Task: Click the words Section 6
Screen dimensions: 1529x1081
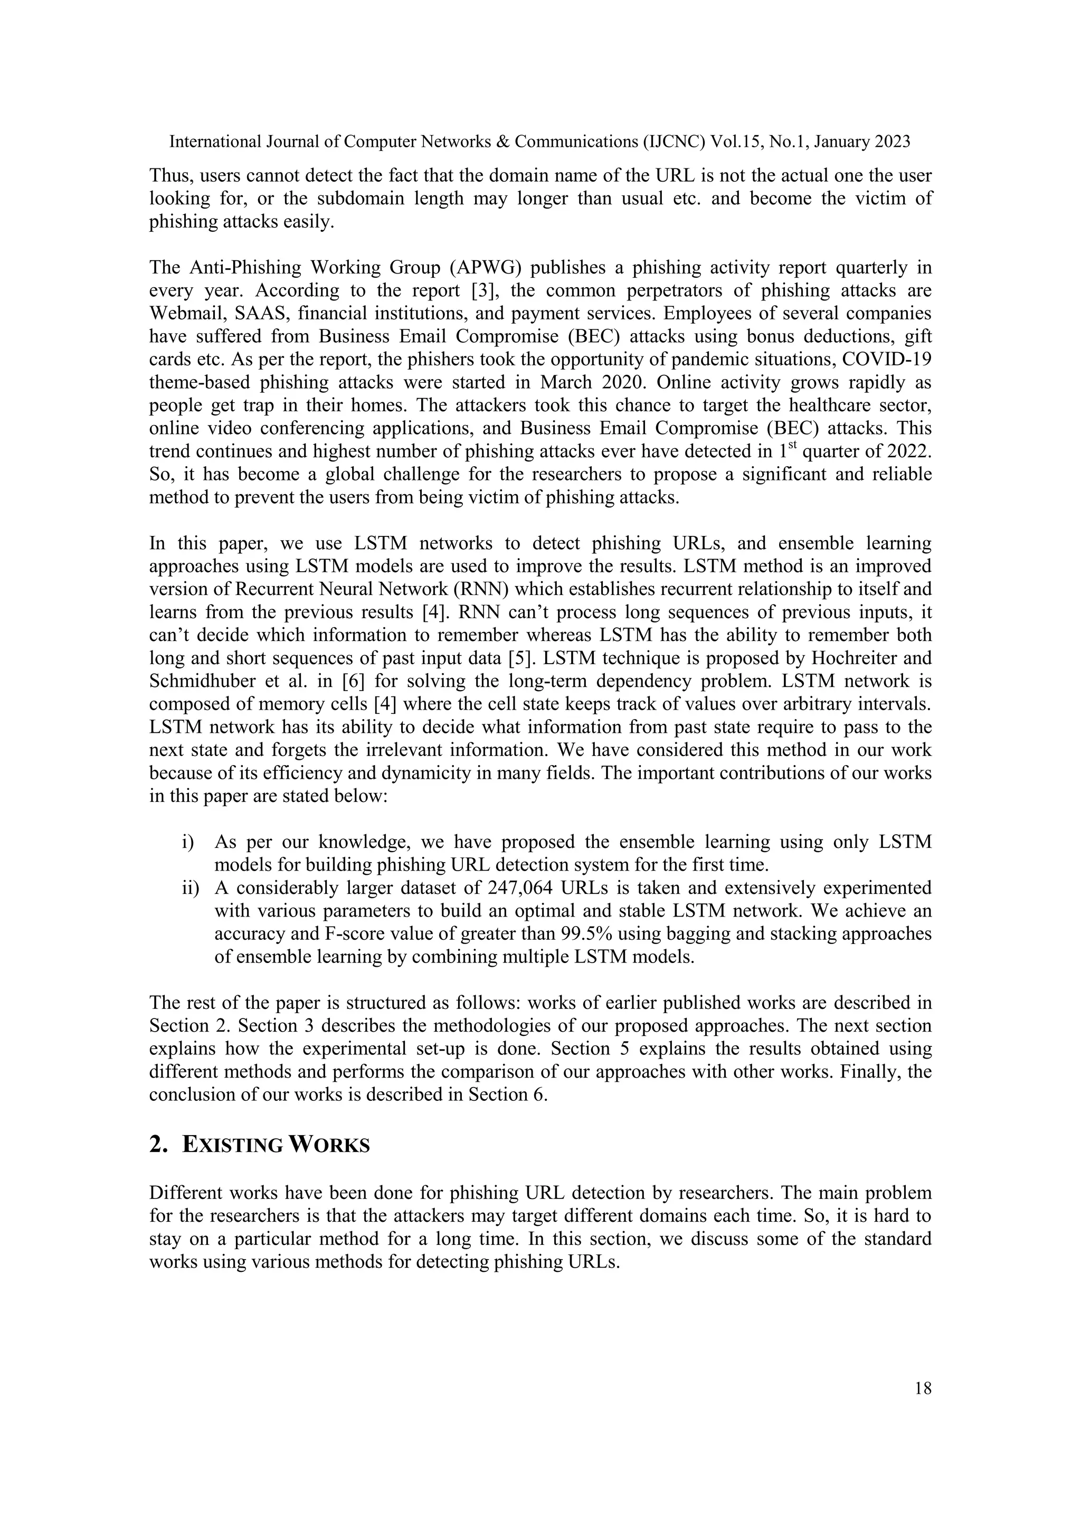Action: coord(507,1094)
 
